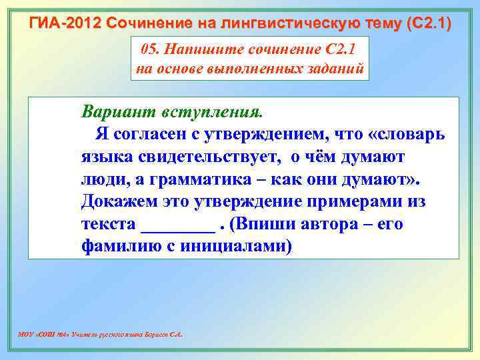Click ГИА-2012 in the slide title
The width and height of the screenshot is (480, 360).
[61, 24]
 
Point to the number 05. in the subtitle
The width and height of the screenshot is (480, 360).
[153, 51]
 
